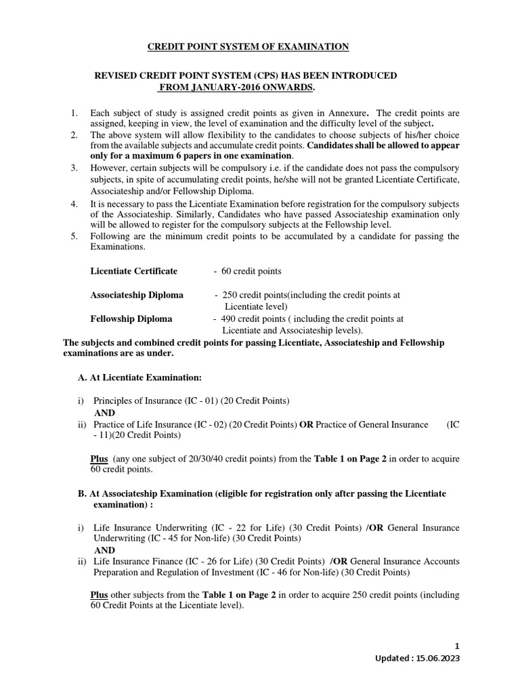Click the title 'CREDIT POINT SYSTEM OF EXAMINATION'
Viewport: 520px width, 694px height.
[x=248, y=46]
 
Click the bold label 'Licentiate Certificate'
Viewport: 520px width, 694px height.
[x=134, y=271]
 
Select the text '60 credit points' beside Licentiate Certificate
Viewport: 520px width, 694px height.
[x=250, y=271]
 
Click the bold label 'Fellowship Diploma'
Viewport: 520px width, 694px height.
[x=131, y=319]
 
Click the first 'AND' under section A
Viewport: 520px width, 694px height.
[x=104, y=412]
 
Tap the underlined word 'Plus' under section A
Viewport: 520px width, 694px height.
[x=100, y=459]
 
